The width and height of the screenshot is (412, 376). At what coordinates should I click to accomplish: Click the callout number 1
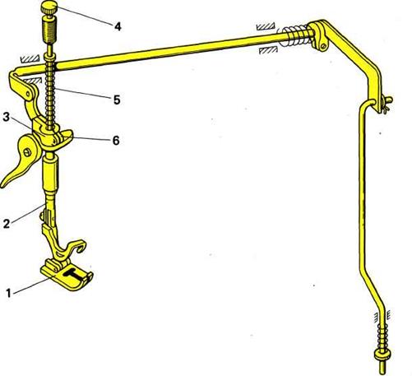click(x=8, y=294)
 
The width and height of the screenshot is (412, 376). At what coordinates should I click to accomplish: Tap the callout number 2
click(x=7, y=224)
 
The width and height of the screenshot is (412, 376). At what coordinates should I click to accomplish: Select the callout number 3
click(x=6, y=117)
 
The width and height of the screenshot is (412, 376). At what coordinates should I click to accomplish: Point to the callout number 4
click(x=118, y=26)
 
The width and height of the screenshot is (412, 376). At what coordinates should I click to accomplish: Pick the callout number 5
click(x=117, y=100)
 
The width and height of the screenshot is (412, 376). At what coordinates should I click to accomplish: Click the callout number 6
click(x=116, y=141)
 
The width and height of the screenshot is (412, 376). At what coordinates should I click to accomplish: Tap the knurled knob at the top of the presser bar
click(x=49, y=7)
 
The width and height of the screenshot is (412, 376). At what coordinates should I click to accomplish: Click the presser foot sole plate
click(x=66, y=277)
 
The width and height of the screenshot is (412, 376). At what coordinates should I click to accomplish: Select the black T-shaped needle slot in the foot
click(x=72, y=273)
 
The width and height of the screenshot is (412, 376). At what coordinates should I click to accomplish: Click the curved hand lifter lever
click(x=23, y=159)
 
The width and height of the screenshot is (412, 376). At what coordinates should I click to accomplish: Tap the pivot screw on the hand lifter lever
click(x=27, y=152)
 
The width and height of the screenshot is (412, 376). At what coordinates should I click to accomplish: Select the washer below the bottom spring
click(x=382, y=354)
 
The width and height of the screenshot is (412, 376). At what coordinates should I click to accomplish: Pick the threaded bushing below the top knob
click(x=49, y=30)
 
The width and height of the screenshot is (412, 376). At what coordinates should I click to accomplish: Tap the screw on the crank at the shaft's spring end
click(x=324, y=46)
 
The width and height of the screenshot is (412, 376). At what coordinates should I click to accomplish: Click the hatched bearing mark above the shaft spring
click(x=266, y=26)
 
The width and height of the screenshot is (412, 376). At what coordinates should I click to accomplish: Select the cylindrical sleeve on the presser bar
click(x=50, y=173)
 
